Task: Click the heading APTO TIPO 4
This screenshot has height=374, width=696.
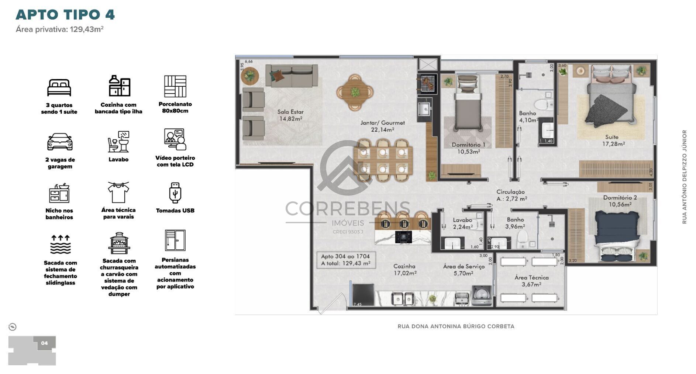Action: [x=65, y=15]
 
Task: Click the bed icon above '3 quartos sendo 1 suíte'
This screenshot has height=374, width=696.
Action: [x=59, y=87]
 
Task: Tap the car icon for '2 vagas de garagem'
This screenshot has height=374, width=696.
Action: [x=60, y=142]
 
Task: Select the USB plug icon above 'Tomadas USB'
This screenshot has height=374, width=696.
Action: [x=175, y=192]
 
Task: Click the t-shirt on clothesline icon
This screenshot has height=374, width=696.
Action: [x=118, y=192]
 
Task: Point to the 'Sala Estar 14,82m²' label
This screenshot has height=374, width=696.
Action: [x=290, y=115]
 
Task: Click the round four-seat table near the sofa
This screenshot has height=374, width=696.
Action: [x=355, y=93]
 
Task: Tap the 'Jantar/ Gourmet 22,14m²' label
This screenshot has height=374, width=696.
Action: [x=382, y=126]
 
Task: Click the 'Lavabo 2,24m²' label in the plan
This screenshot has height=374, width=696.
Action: [x=462, y=223]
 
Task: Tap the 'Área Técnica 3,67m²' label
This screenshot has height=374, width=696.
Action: [x=531, y=281]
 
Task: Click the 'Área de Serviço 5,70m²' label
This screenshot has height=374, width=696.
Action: [x=464, y=270]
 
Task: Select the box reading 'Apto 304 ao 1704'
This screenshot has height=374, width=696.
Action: [x=346, y=260]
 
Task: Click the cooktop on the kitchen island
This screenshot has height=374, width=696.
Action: [x=403, y=236]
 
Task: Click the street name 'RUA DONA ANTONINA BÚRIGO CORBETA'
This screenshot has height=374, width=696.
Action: [x=456, y=326]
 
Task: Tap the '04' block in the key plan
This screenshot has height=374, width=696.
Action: [x=44, y=343]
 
